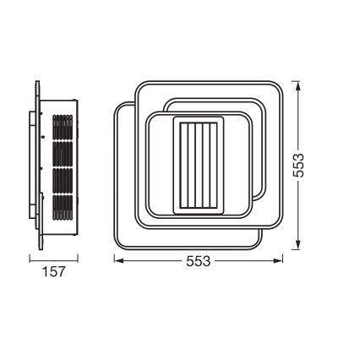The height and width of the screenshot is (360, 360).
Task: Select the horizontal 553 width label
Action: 197,261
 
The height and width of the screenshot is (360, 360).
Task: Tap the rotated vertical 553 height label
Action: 298,165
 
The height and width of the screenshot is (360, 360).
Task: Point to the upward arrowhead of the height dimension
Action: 297,85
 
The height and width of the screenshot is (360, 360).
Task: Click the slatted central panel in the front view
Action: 199,166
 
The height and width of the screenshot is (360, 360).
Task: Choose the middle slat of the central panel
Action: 199,166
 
